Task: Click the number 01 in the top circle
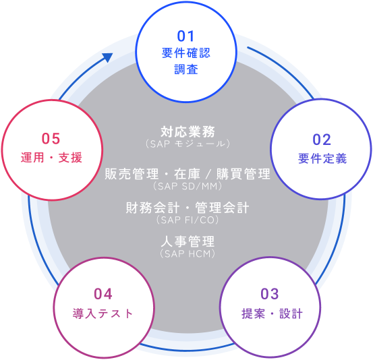point(185,36)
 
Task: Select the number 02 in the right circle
point(322,140)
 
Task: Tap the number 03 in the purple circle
point(270,294)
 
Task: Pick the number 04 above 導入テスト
point(103,294)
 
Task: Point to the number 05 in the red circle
point(51,139)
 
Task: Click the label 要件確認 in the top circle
point(186,53)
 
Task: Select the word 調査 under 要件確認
point(186,69)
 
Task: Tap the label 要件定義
point(322,158)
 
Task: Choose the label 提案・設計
point(272,313)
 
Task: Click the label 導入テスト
point(103,313)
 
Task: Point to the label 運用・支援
point(51,157)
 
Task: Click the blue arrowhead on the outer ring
point(107,57)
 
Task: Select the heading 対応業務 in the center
point(188,131)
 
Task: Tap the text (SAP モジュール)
point(188,144)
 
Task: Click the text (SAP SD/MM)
point(188,186)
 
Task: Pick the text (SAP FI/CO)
point(188,220)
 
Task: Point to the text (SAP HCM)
point(188,253)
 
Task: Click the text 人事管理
point(188,241)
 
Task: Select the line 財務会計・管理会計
point(188,208)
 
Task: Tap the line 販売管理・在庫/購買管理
point(188,174)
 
